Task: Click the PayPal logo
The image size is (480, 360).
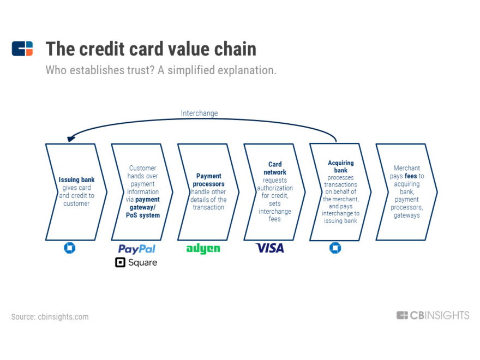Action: (137, 249)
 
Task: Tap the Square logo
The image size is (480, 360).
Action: (136, 263)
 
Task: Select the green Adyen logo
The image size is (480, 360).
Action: (203, 249)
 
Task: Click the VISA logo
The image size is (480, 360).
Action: (270, 248)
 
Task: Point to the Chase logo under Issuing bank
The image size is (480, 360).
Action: (70, 248)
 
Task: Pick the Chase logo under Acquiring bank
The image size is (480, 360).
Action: (335, 248)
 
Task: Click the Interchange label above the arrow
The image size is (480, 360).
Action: (199, 113)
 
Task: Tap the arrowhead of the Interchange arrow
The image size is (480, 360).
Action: (69, 139)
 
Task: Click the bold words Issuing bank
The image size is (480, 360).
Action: (76, 180)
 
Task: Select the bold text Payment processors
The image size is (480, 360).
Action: (208, 180)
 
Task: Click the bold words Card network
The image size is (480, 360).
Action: (275, 168)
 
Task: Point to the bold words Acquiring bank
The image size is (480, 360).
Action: (341, 166)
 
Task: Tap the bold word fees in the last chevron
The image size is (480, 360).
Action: (411, 176)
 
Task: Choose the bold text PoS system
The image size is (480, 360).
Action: (143, 215)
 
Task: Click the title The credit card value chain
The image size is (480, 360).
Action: (151, 49)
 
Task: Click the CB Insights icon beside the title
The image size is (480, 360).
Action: (22, 49)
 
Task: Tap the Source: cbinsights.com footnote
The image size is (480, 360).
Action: (50, 316)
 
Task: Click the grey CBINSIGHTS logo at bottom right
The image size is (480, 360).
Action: (433, 315)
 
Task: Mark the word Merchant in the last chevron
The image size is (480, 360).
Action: (407, 168)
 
